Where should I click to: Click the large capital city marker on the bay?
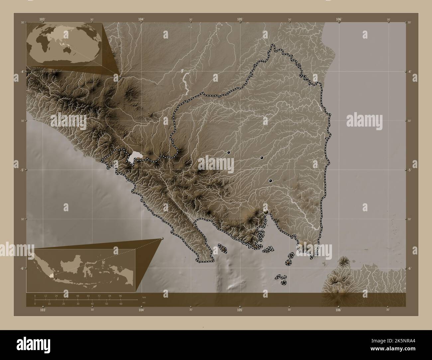(x=266, y=211)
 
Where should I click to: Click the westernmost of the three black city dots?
(x=229, y=152)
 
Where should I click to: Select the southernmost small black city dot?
(x=270, y=181)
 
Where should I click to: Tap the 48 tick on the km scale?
(x=78, y=296)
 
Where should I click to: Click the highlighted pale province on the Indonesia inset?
(x=51, y=276)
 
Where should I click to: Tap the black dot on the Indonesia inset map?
(x=55, y=278)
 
